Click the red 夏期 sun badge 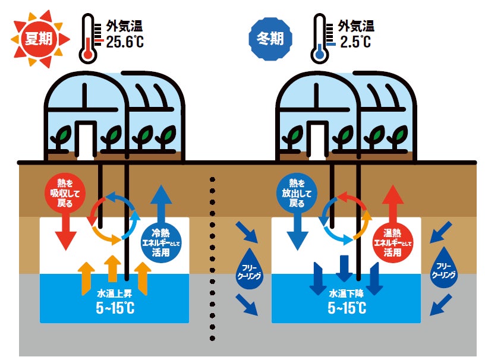37,38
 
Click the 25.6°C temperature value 125,42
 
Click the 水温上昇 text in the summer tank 114,293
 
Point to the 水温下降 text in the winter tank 346,293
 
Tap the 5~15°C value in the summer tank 114,309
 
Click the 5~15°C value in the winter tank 346,309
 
